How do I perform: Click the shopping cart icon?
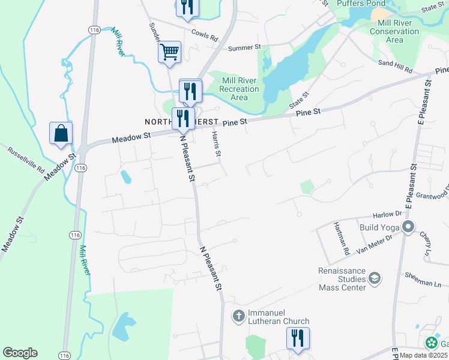170,52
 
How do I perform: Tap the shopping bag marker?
61,133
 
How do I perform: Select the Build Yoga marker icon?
409,227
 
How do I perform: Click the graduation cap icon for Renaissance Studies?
375,278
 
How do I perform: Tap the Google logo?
20,353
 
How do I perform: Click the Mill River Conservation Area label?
394,31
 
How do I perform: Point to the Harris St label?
217,146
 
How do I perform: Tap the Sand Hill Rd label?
395,65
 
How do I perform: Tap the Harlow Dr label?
387,214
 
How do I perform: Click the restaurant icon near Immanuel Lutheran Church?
297,338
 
